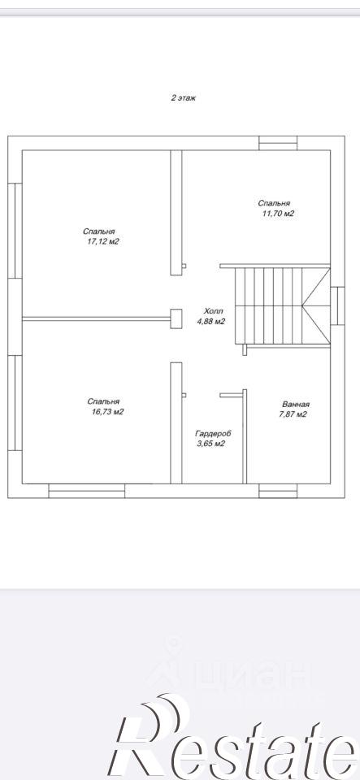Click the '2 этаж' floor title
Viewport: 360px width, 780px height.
pos(184,98)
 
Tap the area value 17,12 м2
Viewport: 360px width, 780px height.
pos(103,242)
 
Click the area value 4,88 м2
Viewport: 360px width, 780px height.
pos(211,322)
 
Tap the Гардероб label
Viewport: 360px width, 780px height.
pos(213,434)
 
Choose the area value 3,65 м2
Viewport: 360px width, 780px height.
pos(211,444)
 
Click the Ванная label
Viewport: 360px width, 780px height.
pos(296,404)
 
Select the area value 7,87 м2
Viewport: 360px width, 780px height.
pos(293,414)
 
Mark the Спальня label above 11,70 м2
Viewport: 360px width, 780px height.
pos(274,203)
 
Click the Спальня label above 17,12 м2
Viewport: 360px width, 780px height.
pos(99,232)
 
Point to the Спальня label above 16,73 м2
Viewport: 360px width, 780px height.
pos(103,401)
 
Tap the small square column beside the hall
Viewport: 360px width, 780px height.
pos(176,318)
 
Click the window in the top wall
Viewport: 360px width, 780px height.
pos(278,143)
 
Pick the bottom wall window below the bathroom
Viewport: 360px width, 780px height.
pos(278,491)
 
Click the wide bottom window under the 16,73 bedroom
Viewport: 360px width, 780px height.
pos(86,491)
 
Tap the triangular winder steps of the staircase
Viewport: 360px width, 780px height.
pos(316,304)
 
